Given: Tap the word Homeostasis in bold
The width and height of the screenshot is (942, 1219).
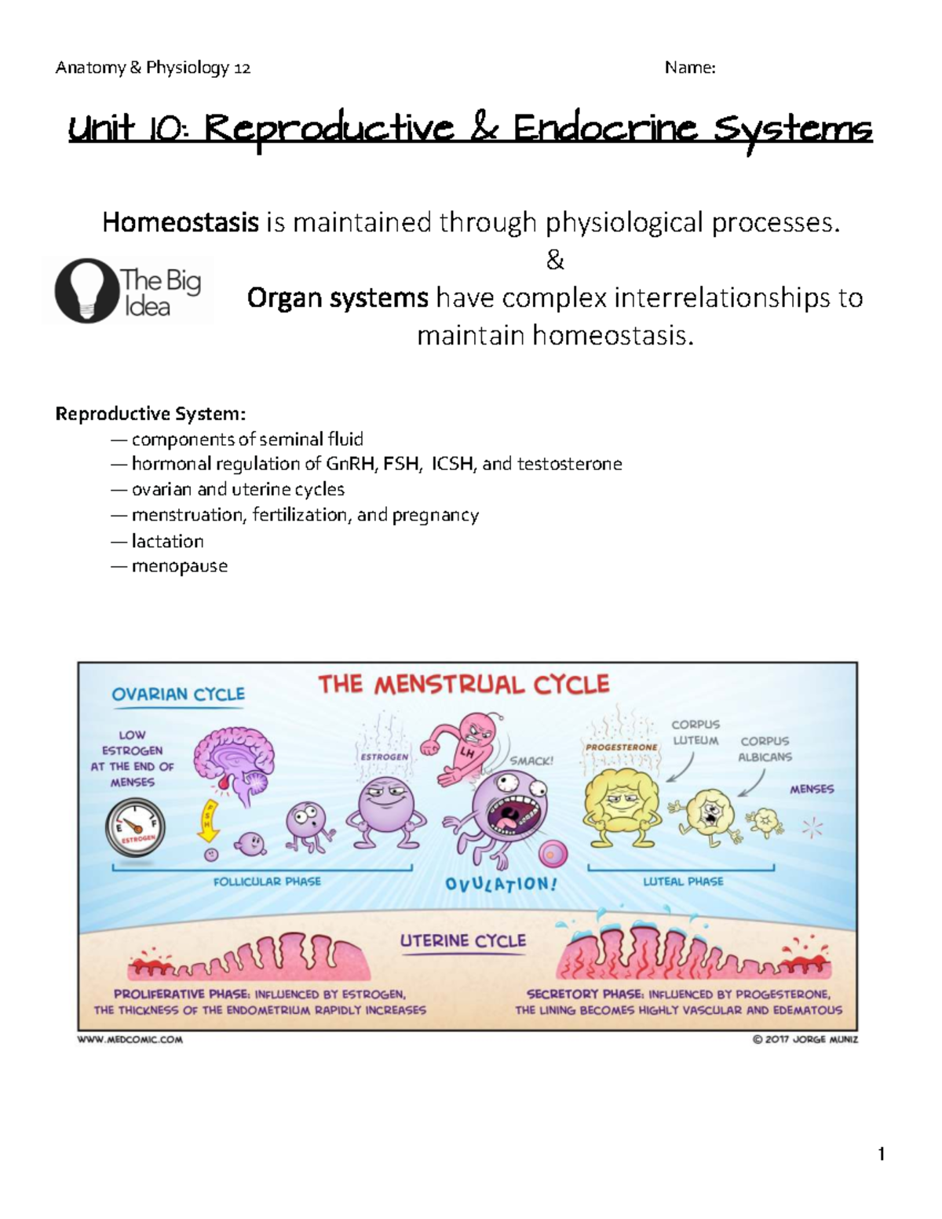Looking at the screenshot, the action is click(x=181, y=223).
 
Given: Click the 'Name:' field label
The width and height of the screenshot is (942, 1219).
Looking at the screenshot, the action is click(x=690, y=68).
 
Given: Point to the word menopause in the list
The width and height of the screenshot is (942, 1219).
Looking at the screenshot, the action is click(x=180, y=566).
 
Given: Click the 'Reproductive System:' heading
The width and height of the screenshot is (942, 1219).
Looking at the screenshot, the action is click(x=150, y=414).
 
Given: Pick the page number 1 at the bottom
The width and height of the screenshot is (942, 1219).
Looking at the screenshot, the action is click(x=882, y=1153).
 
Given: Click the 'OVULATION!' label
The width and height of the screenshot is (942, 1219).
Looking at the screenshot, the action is click(x=501, y=884).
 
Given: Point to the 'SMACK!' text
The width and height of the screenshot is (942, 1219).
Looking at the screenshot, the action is click(x=531, y=761).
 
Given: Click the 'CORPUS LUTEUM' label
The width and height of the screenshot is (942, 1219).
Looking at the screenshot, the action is click(x=696, y=732).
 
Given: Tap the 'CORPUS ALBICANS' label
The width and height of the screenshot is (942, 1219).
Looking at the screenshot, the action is click(x=765, y=749).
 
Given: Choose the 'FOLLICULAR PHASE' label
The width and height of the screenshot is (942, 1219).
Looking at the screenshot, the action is click(x=267, y=881).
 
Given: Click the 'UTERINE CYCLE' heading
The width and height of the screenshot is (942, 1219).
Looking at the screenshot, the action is click(x=463, y=940).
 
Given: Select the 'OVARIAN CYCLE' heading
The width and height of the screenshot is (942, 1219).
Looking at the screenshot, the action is click(x=178, y=694).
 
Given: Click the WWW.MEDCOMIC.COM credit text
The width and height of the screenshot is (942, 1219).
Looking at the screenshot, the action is click(x=130, y=1040).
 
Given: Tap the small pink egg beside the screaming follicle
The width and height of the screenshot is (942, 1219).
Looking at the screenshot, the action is click(x=554, y=853).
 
